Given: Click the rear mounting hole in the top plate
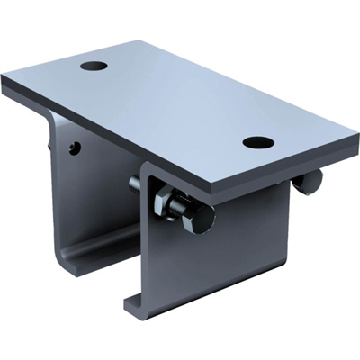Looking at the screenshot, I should pyautogui.click(x=94, y=66).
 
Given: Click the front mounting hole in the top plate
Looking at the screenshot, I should pyautogui.click(x=257, y=142).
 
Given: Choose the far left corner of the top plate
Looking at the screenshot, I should pyautogui.click(x=4, y=82).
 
